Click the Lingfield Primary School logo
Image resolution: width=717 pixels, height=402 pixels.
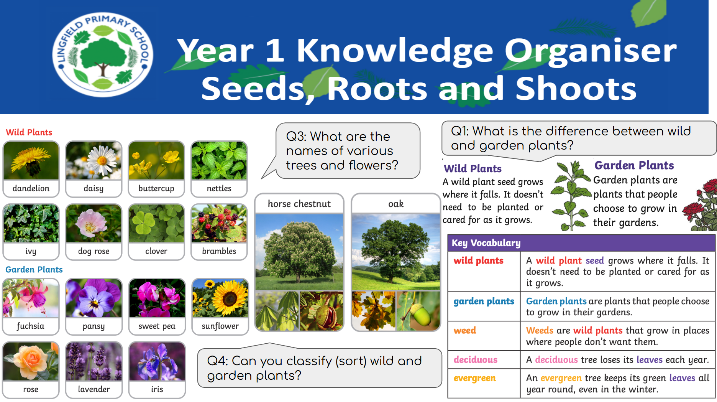103,55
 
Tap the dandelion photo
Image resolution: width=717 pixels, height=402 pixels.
31,160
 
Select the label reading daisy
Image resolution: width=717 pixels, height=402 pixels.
94,188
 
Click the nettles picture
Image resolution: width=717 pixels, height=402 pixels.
219,160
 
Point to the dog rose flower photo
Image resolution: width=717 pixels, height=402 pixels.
94,223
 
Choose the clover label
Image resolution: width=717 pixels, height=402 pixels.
156,251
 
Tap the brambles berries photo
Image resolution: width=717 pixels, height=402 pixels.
219,223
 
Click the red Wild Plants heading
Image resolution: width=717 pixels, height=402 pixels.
29,132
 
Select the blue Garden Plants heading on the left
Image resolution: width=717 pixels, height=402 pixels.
34,270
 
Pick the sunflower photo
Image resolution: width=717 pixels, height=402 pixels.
220,298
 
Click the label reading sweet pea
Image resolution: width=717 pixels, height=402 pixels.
157,326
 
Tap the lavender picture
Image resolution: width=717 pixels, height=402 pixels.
94,361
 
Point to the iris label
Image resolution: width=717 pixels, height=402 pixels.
157,389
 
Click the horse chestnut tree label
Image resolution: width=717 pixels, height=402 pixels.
299,204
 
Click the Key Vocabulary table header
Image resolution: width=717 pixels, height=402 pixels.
581,243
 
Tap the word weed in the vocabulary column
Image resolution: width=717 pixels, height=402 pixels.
465,330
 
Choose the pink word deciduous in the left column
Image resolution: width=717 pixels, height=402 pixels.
476,359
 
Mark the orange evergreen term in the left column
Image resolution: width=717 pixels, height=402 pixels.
475,378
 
